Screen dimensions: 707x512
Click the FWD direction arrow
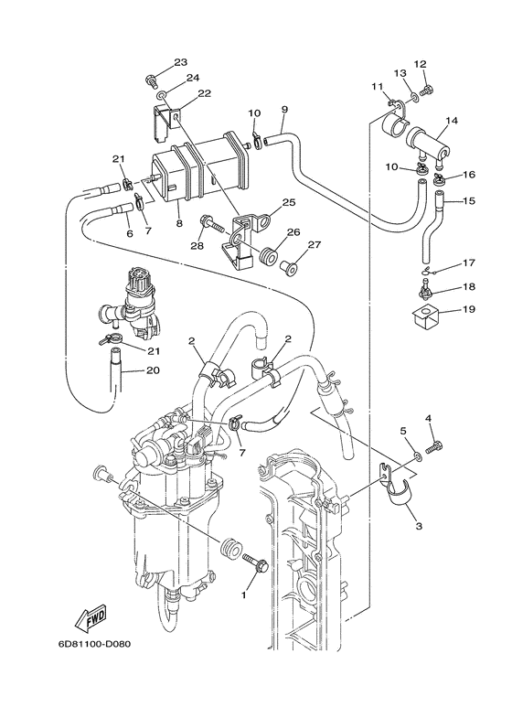(91, 621)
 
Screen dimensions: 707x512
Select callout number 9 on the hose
(284, 111)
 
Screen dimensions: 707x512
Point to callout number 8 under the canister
(179, 222)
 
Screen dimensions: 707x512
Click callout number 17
(467, 263)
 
